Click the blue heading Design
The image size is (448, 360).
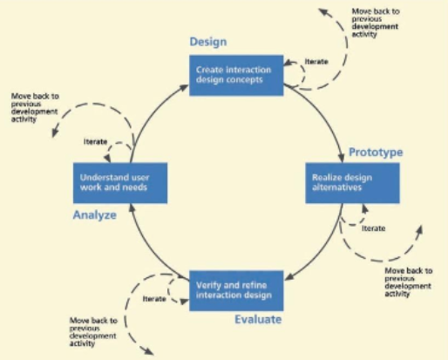(208, 42)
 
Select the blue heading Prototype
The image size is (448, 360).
(376, 153)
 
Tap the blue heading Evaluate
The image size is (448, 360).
(258, 319)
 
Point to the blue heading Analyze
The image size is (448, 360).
(95, 215)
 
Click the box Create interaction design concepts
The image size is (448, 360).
(236, 75)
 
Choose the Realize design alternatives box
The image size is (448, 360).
(352, 183)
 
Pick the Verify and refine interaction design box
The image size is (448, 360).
(236, 290)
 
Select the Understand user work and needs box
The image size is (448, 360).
(120, 183)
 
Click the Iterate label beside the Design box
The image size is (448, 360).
(316, 62)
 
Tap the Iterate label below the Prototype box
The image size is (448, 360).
(374, 228)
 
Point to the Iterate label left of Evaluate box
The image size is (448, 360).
(154, 299)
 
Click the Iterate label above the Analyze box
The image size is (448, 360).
(95, 141)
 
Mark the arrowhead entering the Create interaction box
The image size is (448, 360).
(184, 87)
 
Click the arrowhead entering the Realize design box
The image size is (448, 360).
(342, 158)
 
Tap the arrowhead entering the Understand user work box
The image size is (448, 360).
(132, 207)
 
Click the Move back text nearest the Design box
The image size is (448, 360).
(376, 23)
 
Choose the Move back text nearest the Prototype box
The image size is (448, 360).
(409, 282)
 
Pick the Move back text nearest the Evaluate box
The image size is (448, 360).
(93, 332)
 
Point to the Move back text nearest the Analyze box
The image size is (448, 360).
(35, 107)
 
